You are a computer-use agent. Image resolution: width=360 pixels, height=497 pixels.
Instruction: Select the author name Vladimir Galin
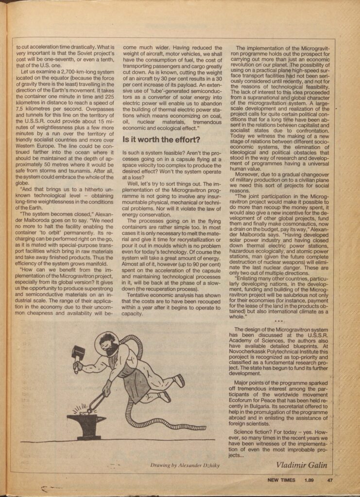point(302,464)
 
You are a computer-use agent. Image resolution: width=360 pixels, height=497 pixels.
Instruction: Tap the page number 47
point(329,481)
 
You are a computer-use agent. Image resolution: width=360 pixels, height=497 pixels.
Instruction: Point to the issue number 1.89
point(309,481)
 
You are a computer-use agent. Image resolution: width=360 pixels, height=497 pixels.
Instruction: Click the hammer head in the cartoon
point(78,353)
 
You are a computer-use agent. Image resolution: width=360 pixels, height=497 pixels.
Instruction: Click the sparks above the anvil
point(80,406)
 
